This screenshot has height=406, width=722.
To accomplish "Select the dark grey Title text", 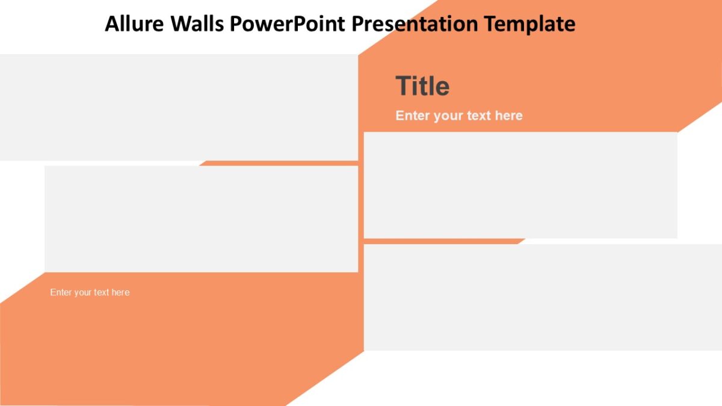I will pyautogui.click(x=422, y=87).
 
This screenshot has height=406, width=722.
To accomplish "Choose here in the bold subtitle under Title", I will pyautogui.click(x=508, y=115).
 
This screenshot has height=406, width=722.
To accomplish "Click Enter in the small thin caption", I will pyautogui.click(x=61, y=292).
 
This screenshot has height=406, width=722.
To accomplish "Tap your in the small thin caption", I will pyautogui.click(x=83, y=292).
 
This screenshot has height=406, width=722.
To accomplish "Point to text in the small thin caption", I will pyautogui.click(x=102, y=292).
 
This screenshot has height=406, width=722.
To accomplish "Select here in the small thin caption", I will pyautogui.click(x=120, y=292).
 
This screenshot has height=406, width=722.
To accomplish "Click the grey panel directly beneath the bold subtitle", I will pyautogui.click(x=520, y=185).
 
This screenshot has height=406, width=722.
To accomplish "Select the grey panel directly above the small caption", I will pyautogui.click(x=201, y=219).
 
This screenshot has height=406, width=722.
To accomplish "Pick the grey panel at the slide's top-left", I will pyautogui.click(x=179, y=107).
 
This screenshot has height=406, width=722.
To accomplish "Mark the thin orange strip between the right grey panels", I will pyautogui.click(x=442, y=241).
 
